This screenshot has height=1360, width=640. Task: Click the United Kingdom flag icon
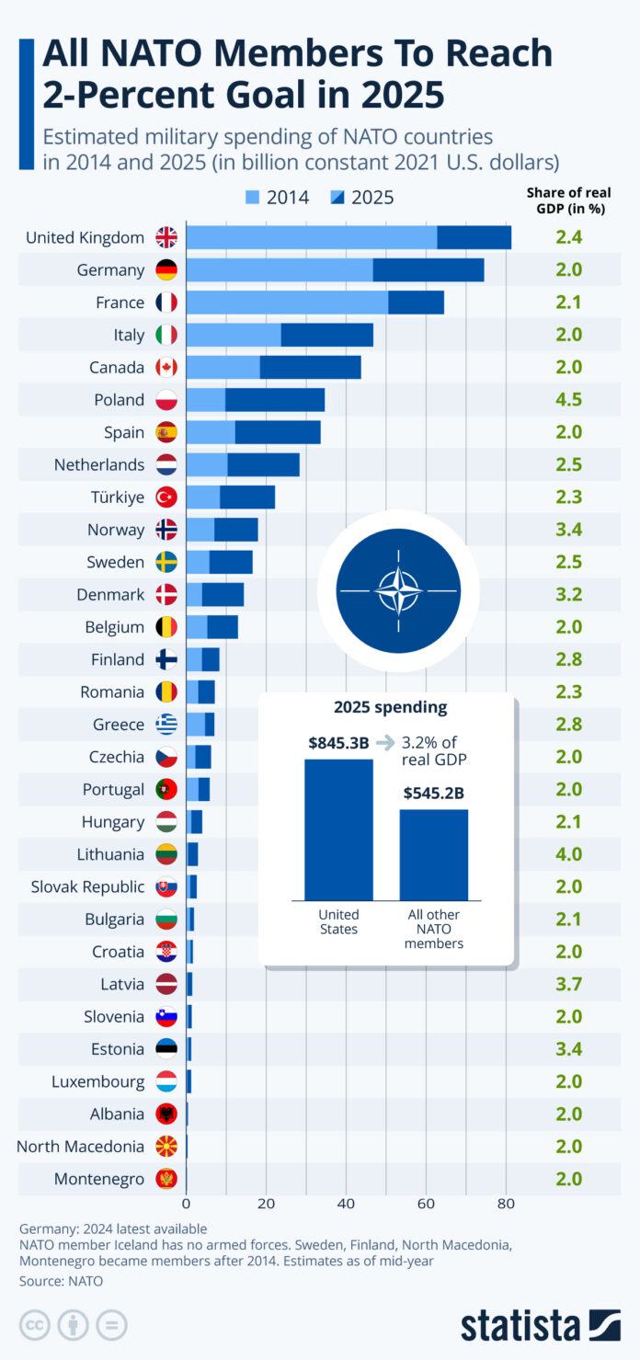(166, 237)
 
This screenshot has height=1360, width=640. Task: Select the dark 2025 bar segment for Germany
(429, 270)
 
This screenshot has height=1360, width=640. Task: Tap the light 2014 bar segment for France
(287, 303)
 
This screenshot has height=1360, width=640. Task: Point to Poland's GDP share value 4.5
(569, 400)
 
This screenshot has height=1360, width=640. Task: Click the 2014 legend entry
(277, 197)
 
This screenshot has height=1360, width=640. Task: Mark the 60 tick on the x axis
(426, 1203)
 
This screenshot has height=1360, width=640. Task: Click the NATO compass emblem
(398, 589)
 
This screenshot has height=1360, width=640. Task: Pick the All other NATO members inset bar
(433, 854)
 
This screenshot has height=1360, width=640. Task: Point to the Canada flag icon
(166, 368)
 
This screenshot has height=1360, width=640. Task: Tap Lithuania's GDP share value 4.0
(569, 854)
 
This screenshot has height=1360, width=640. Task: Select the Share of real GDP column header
(568, 200)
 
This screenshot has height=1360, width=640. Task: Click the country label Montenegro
(99, 1179)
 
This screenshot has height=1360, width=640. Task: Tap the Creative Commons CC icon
(30, 1325)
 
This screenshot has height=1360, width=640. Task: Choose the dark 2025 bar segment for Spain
(278, 432)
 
